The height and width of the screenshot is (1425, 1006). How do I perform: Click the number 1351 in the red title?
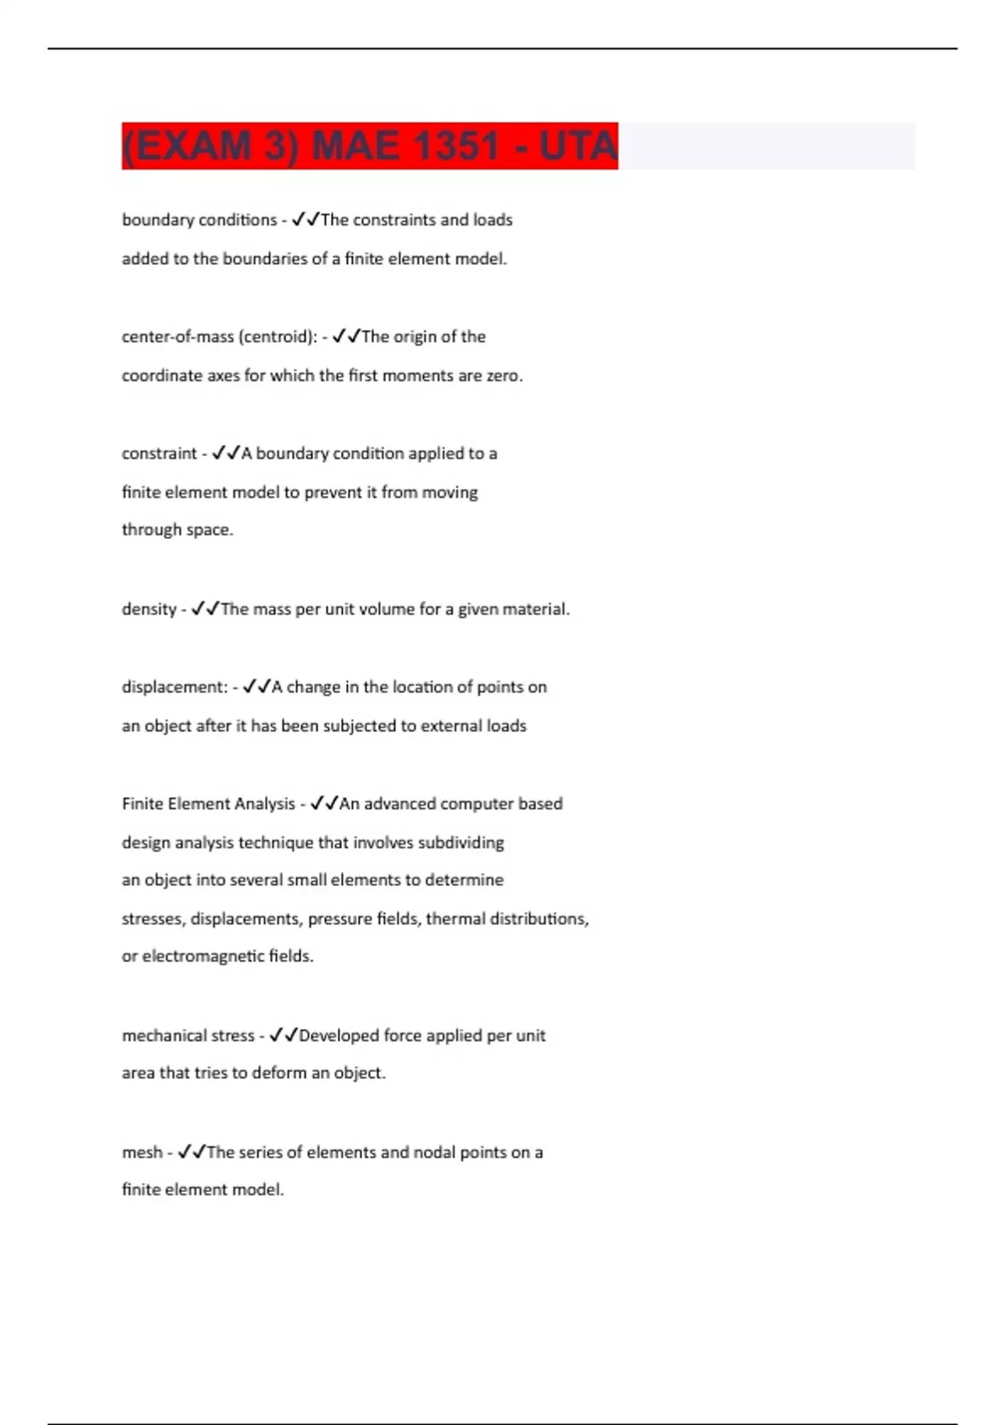coord(456,146)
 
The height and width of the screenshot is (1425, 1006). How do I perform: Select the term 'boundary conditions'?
coord(199,220)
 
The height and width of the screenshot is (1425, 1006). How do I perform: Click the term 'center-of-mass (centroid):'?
coord(219,336)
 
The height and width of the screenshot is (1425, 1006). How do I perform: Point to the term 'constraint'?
coord(158,453)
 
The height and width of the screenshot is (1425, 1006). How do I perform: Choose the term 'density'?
coord(148,609)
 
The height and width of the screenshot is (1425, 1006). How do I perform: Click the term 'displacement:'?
coord(174,687)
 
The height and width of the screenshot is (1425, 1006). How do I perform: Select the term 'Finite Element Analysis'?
coord(208,804)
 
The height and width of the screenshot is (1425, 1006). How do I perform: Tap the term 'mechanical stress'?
coord(188,1036)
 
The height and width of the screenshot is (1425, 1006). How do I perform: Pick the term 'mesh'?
coord(142,1153)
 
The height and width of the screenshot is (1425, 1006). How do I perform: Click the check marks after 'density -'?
coord(205,609)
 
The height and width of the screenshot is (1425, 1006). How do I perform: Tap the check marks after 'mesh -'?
coord(191,1153)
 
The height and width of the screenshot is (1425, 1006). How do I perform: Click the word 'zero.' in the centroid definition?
coord(505,376)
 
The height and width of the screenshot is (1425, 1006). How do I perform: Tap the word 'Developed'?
coord(339,1036)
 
